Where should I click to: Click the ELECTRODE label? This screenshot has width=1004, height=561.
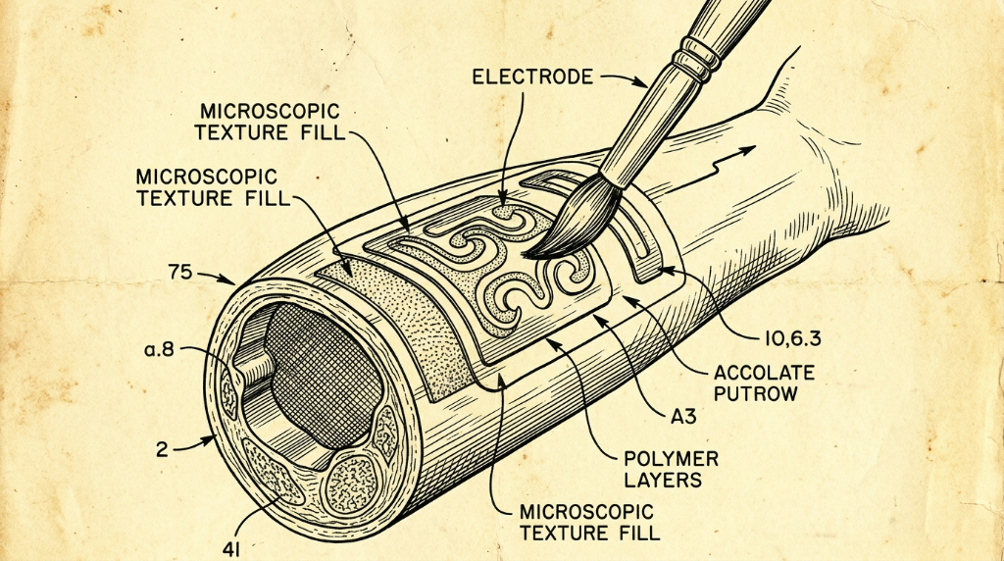[x=532, y=76]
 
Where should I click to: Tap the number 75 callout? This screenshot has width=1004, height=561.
[x=180, y=273]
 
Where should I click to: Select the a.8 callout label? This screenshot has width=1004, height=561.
[x=160, y=350]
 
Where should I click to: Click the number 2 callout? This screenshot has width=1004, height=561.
[x=162, y=449]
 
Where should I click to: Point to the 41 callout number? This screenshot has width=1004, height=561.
[x=231, y=549]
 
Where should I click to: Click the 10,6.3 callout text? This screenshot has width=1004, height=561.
[x=792, y=338]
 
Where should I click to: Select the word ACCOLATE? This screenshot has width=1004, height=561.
[x=764, y=373]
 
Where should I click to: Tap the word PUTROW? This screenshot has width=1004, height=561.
[x=756, y=393]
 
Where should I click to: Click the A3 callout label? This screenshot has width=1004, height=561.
[x=683, y=416]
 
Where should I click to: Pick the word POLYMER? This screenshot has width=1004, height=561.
[x=671, y=459]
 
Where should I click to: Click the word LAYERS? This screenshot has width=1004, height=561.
[x=663, y=479]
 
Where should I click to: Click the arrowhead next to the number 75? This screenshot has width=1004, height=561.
[x=228, y=280]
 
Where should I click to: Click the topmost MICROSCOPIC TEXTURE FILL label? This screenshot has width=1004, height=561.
[x=270, y=122]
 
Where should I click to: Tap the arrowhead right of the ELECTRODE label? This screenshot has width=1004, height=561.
[x=641, y=82]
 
